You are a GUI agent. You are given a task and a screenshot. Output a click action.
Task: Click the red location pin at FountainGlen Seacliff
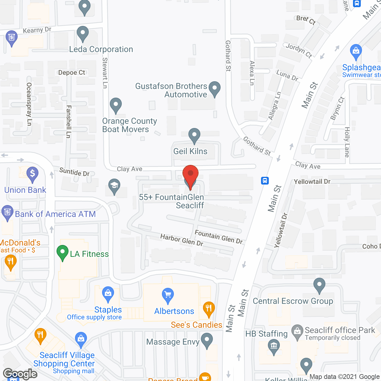190,175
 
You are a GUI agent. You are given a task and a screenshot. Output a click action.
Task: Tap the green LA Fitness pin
62,252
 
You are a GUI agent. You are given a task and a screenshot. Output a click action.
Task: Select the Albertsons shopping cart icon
168,295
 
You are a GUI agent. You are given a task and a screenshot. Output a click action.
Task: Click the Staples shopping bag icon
108,294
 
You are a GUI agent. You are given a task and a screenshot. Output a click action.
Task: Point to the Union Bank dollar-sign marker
32,174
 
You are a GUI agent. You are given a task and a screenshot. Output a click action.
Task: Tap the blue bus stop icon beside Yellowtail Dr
265,180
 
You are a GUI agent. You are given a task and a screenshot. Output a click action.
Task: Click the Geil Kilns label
190,151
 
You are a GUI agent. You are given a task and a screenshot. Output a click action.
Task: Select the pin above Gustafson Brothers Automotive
214,88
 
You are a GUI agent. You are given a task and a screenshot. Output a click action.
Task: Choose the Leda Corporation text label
101,49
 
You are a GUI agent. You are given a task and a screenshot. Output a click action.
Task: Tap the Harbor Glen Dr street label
182,240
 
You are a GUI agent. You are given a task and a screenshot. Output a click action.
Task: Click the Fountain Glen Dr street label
218,237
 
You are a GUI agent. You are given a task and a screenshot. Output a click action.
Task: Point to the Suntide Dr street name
74,172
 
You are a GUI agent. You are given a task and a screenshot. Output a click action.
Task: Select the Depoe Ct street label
72,73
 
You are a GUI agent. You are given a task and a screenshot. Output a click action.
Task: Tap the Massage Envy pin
207,340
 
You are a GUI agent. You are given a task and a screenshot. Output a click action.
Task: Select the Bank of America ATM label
55,214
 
